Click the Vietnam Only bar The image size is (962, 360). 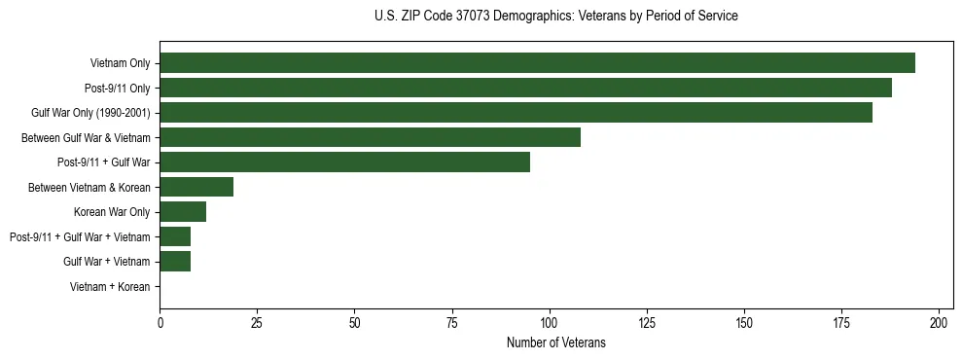[537, 63]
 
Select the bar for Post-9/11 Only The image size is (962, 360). [525, 88]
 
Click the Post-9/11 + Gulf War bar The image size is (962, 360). [344, 162]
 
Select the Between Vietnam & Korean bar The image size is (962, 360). [196, 187]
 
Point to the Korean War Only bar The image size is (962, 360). [183, 211]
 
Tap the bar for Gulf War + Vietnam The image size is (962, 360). [175, 261]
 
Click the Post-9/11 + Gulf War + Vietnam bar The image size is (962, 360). [175, 236]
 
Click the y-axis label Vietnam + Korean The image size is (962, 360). [110, 286]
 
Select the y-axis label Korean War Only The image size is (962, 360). [112, 212]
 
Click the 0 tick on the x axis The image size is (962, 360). [160, 321]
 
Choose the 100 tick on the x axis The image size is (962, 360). [550, 321]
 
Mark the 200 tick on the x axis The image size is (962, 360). [939, 321]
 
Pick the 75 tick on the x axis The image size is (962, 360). [452, 321]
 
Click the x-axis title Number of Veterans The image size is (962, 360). [555, 342]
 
